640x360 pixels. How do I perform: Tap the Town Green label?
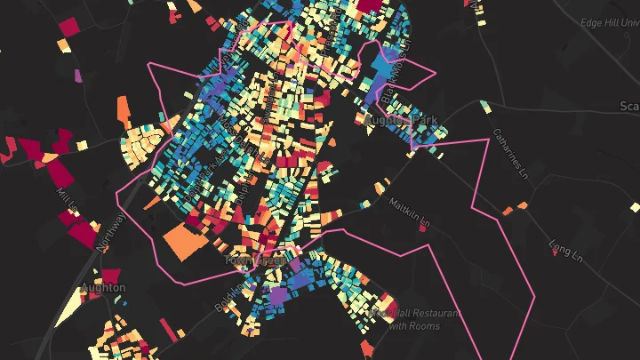point(255,260)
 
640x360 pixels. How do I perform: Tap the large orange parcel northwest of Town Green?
point(184,241)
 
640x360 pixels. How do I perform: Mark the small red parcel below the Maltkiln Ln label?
point(422,228)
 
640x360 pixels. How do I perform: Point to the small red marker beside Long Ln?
point(556,252)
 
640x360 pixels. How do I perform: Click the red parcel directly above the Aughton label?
point(110,276)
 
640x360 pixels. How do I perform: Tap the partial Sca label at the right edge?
point(628,106)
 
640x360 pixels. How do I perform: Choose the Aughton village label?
point(103,288)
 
